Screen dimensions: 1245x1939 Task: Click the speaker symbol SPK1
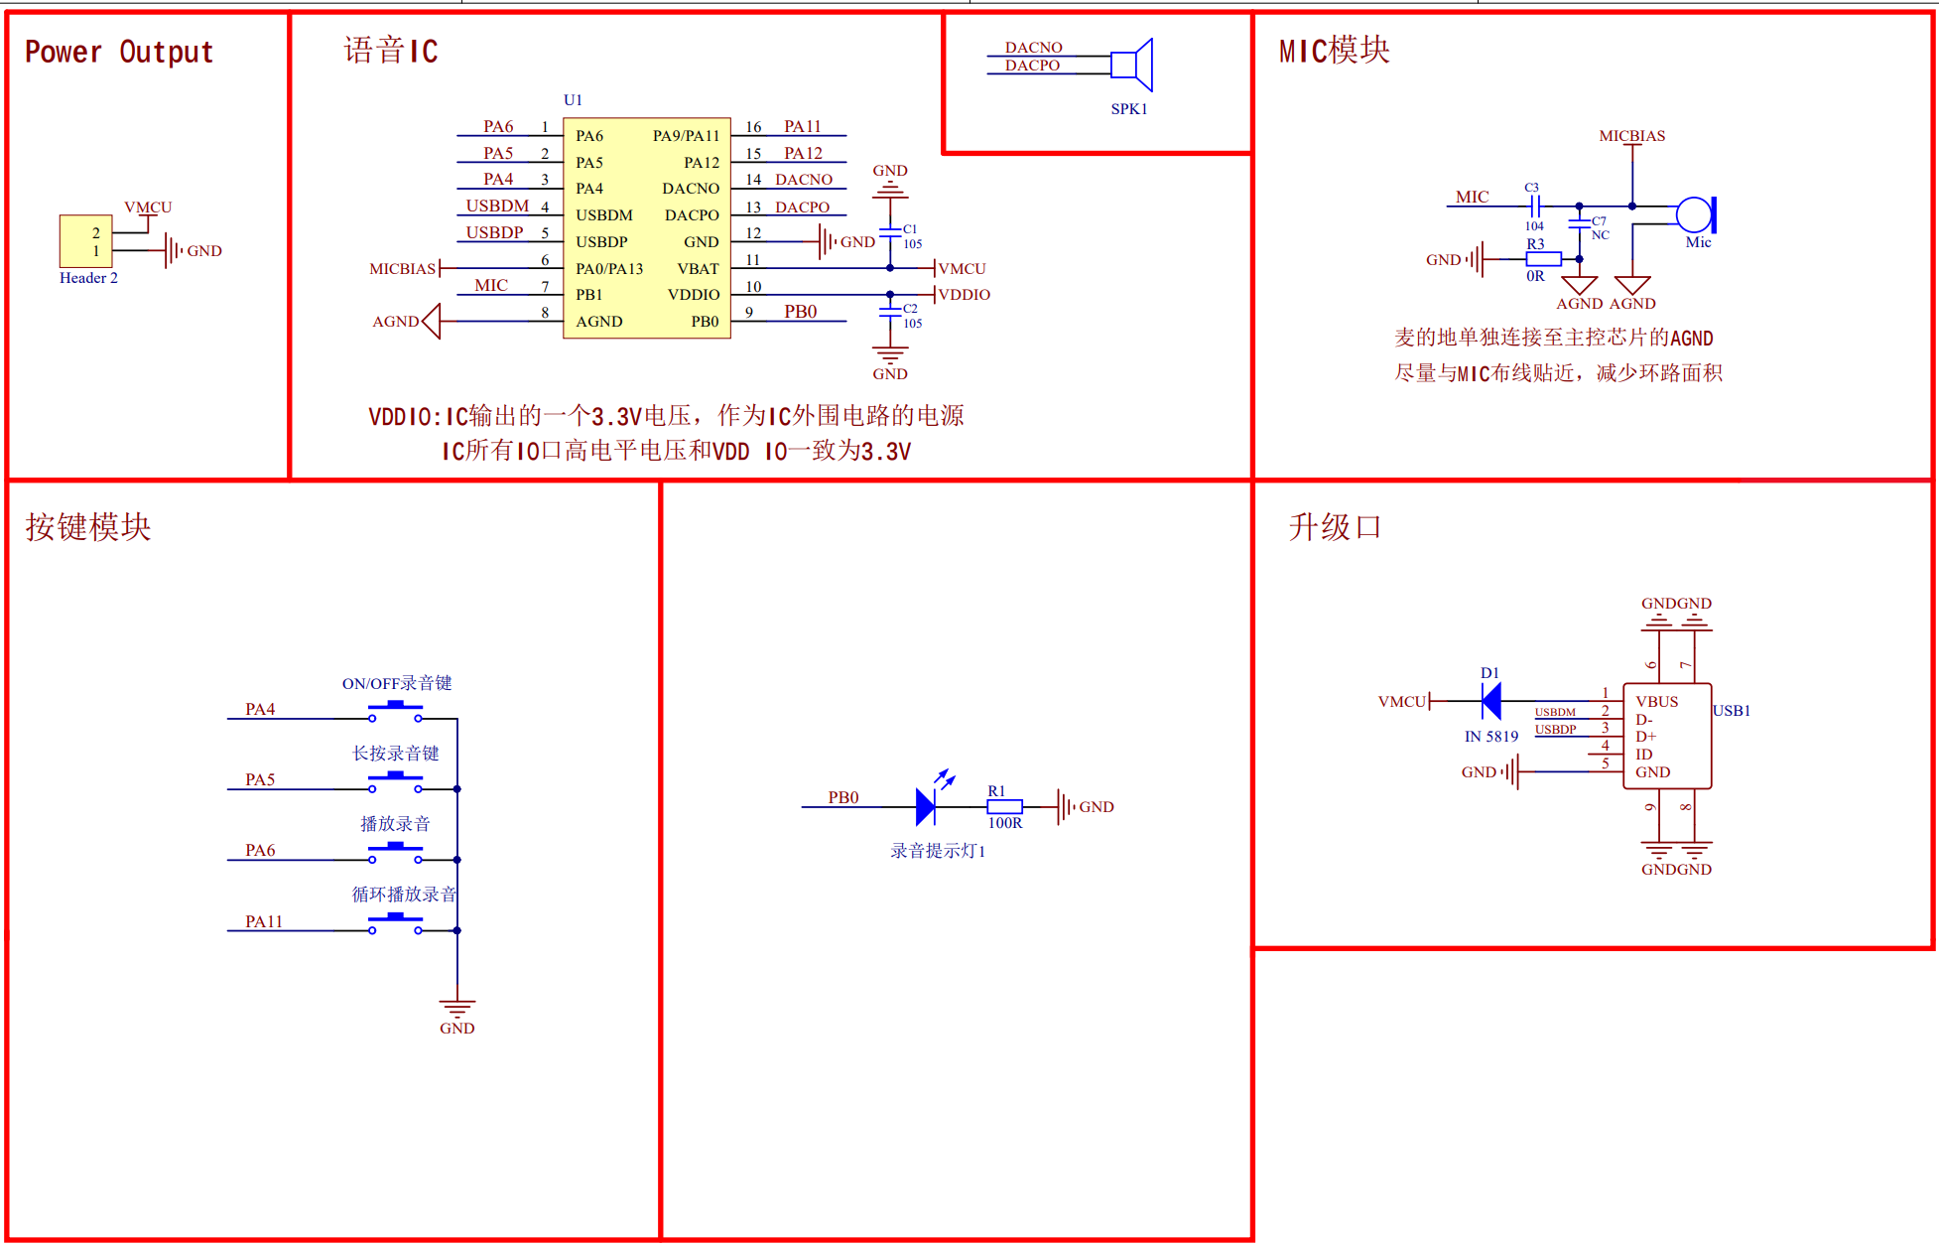coord(1133,66)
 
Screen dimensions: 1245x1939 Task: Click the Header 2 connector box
coord(85,241)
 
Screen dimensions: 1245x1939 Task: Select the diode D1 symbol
coord(1490,701)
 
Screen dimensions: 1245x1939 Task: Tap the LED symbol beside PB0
coord(927,806)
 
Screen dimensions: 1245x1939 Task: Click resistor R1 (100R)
coord(1004,807)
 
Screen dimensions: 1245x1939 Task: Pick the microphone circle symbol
coord(1694,214)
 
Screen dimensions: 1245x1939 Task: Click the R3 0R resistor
coord(1543,259)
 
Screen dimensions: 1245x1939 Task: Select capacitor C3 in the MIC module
coord(1535,207)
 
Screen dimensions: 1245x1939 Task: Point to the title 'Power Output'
coord(119,52)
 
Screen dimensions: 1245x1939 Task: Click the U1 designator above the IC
coord(573,99)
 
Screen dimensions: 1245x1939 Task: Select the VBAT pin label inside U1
coord(698,268)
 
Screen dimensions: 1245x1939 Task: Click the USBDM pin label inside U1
coord(603,214)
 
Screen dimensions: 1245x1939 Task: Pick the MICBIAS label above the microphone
coord(1631,136)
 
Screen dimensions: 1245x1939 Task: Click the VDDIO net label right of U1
coord(965,295)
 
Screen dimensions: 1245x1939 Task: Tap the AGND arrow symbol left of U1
coord(431,321)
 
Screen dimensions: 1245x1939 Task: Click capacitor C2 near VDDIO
coord(890,312)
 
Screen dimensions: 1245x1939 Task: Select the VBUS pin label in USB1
coord(1656,701)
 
